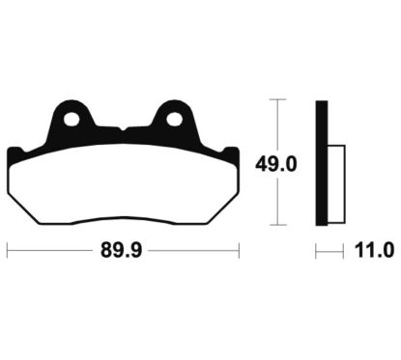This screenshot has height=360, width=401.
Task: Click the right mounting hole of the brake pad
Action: [x=174, y=121]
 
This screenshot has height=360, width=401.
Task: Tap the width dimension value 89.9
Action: [x=123, y=252]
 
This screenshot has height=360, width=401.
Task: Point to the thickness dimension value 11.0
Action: [x=375, y=252]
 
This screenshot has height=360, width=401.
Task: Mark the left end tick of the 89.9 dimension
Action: [x=8, y=252]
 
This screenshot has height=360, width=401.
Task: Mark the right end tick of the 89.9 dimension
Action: [x=239, y=252]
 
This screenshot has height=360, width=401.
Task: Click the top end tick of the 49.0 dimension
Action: [x=277, y=98]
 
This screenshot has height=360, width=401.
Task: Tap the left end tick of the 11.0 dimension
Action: [x=316, y=252]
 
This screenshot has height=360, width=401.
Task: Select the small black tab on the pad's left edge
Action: [x=13, y=154]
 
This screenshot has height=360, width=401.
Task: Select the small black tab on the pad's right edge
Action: [x=233, y=154]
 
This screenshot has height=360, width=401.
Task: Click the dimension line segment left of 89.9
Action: [x=48, y=252]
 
